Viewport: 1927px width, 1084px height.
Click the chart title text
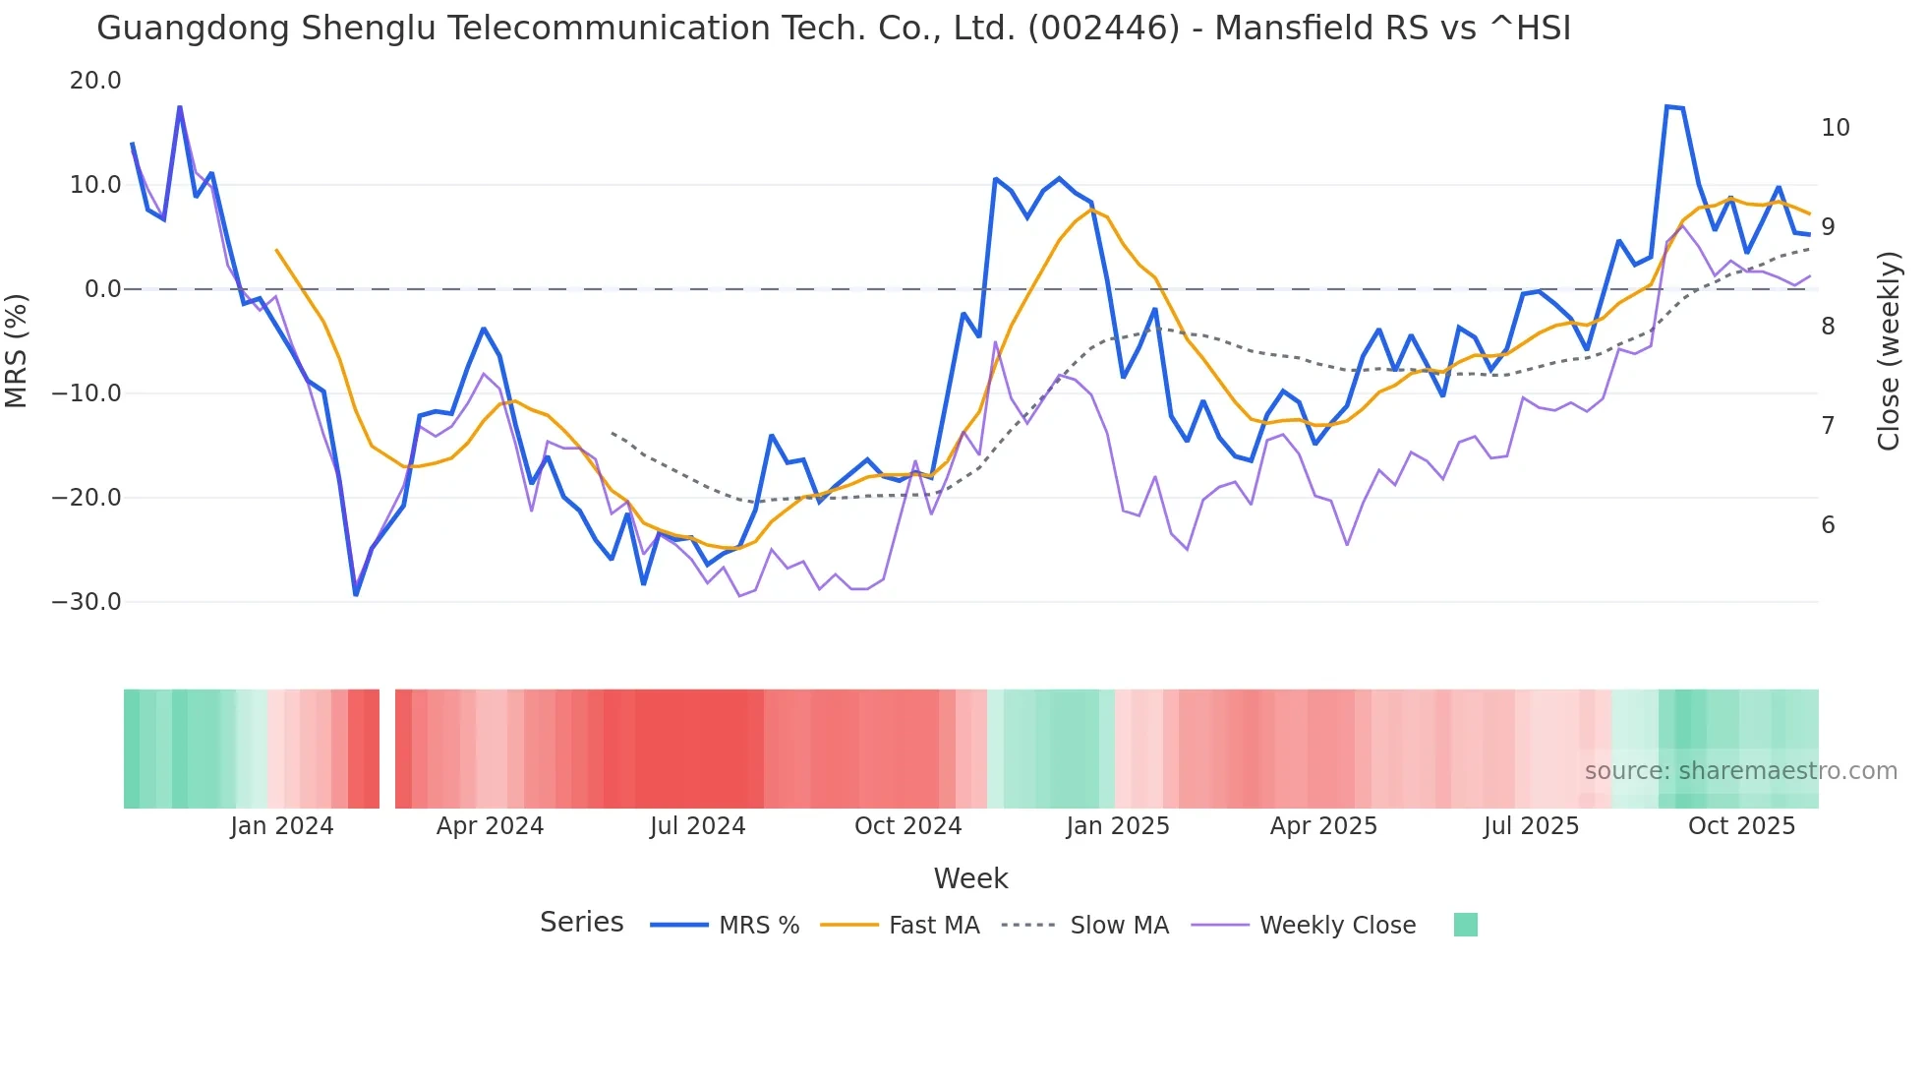[x=833, y=29]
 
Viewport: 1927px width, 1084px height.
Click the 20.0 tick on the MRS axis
[x=95, y=81]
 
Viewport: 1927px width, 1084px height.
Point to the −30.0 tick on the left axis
[x=87, y=602]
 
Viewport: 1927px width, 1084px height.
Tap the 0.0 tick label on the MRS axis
[x=102, y=289]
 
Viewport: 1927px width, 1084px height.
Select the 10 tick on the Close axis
[x=1835, y=128]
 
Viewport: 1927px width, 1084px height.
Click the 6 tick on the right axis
[x=1828, y=525]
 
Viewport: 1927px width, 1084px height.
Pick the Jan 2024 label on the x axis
[x=282, y=826]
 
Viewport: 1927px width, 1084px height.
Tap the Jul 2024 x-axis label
[x=698, y=826]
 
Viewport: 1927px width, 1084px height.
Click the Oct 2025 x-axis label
[x=1741, y=826]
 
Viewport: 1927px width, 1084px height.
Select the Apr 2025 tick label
[x=1323, y=826]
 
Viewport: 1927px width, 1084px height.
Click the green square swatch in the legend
[x=1465, y=925]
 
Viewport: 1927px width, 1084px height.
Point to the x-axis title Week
[x=970, y=878]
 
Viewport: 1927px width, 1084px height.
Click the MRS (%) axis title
[x=17, y=350]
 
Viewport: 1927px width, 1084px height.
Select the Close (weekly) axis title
[x=1888, y=350]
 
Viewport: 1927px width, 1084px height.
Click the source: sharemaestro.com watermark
[x=1740, y=771]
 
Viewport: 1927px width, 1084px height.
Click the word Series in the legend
[x=581, y=923]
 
